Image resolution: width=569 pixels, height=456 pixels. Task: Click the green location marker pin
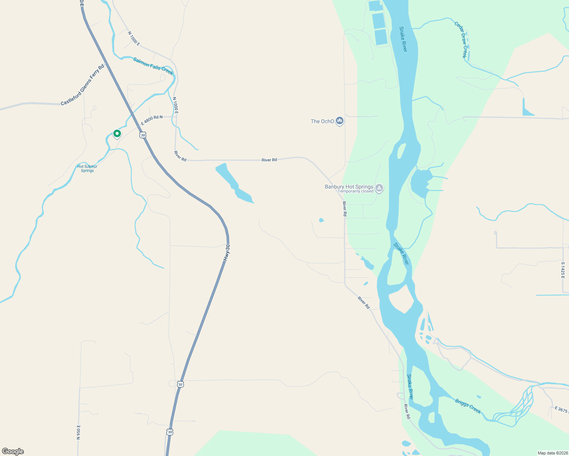pyautogui.click(x=117, y=134)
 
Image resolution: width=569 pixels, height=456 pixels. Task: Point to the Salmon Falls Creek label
pyautogui.click(x=153, y=66)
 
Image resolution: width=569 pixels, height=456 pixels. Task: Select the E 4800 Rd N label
pyautogui.click(x=152, y=120)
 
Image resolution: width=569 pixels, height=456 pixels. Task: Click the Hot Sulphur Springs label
pyautogui.click(x=87, y=168)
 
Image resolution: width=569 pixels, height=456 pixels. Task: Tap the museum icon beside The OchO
pyautogui.click(x=340, y=121)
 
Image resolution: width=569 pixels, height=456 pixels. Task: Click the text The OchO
pyautogui.click(x=322, y=122)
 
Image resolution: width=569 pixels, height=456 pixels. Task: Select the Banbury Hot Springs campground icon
pyautogui.click(x=379, y=188)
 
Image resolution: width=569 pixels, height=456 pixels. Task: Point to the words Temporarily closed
pyautogui.click(x=356, y=192)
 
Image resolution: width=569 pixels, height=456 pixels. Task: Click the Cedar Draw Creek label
pyautogui.click(x=461, y=40)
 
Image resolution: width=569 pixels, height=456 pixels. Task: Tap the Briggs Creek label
pyautogui.click(x=468, y=406)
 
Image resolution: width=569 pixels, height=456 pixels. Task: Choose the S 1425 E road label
pyautogui.click(x=563, y=270)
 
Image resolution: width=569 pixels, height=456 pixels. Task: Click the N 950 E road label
pyautogui.click(x=79, y=432)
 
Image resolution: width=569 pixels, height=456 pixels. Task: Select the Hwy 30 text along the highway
pyautogui.click(x=227, y=253)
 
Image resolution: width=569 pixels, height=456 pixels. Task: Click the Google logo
pyautogui.click(x=13, y=451)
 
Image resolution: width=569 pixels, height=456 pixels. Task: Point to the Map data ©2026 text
pyautogui.click(x=552, y=453)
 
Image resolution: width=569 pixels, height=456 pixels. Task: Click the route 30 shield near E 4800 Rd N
pyautogui.click(x=143, y=135)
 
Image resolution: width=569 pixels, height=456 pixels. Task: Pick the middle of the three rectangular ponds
pyautogui.click(x=378, y=21)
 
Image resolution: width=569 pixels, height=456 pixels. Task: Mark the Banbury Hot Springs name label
pyautogui.click(x=349, y=187)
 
